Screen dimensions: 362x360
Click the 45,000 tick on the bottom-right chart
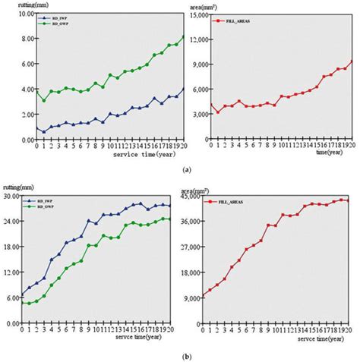coord(193,197)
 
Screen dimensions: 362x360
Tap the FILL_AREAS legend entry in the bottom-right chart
coord(232,200)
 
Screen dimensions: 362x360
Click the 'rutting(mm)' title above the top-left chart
coord(18,5)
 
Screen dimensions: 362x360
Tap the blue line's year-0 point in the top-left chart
coord(36,128)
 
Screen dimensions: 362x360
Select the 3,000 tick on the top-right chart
coord(194,114)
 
